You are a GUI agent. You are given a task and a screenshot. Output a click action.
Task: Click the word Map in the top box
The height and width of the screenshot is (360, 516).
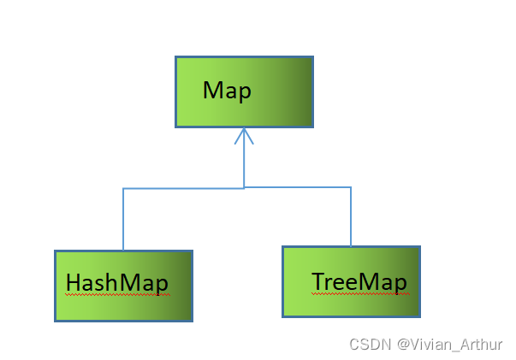pos(227,91)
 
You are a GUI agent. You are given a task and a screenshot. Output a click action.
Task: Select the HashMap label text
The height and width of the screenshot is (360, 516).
pos(116,282)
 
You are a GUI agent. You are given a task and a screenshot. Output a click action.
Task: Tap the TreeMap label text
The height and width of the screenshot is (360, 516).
pos(359,281)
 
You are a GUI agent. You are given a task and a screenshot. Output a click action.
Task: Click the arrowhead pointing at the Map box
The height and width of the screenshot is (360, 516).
pos(245,136)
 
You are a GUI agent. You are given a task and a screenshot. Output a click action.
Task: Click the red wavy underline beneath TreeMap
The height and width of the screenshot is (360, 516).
pos(360,293)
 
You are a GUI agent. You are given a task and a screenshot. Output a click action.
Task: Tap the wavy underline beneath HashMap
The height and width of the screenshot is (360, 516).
pos(116,294)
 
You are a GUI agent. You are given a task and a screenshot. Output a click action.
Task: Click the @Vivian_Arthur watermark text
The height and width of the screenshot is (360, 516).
pos(449,344)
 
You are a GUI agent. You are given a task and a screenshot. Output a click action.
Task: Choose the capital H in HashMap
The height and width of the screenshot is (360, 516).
pos(73,282)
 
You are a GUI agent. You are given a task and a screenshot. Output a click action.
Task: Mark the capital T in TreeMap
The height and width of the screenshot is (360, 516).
pos(319,281)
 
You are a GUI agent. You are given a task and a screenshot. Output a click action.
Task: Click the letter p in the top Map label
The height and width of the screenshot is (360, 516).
pos(245,92)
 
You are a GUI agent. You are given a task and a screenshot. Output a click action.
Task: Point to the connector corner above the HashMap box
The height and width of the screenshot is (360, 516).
pos(124,188)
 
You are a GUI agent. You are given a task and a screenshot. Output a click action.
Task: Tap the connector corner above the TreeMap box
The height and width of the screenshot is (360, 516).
pos(351,187)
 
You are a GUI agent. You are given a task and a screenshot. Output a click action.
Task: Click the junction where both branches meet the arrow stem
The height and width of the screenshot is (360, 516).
pos(245,187)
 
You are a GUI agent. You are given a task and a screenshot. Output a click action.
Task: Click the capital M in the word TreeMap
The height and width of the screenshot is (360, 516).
pos(371,281)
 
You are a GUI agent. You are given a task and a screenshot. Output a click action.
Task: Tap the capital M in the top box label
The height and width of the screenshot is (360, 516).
pos(212,91)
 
